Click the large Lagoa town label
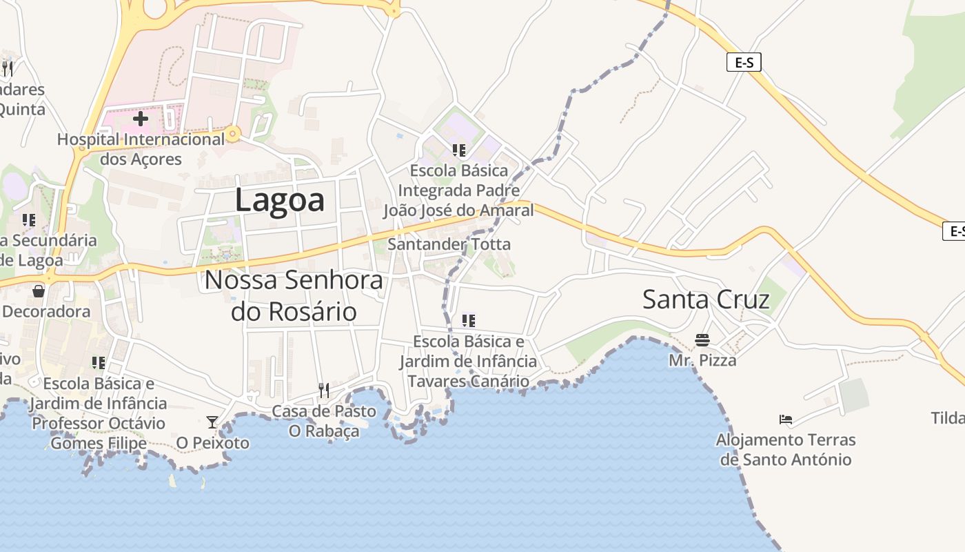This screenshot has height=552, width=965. tap(279, 200)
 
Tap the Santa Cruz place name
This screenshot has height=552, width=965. tap(706, 299)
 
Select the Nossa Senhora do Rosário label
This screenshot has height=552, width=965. tap(294, 295)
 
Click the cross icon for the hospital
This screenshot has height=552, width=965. tap(141, 119)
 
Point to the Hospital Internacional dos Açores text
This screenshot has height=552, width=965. tap(141, 149)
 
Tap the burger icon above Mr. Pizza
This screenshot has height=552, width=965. tap(702, 339)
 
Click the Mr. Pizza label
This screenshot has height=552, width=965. tap(702, 360)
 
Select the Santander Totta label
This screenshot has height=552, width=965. tap(449, 244)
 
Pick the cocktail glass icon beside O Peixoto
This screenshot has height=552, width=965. tap(212, 422)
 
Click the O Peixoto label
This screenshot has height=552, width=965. tap(213, 443)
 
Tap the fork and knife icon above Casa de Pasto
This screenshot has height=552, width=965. tap(323, 391)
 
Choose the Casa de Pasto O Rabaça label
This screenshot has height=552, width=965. tap(324, 421)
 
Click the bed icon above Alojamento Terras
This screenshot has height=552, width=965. tap(785, 419)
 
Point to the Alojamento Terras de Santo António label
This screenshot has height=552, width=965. tap(785, 449)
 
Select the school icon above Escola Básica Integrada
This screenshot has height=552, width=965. tap(458, 150)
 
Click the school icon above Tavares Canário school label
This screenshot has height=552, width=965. tap(469, 320)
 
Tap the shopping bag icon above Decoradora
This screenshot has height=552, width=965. tap(39, 290)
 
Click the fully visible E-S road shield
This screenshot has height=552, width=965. tap(744, 62)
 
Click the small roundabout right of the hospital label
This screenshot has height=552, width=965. tap(234, 134)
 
